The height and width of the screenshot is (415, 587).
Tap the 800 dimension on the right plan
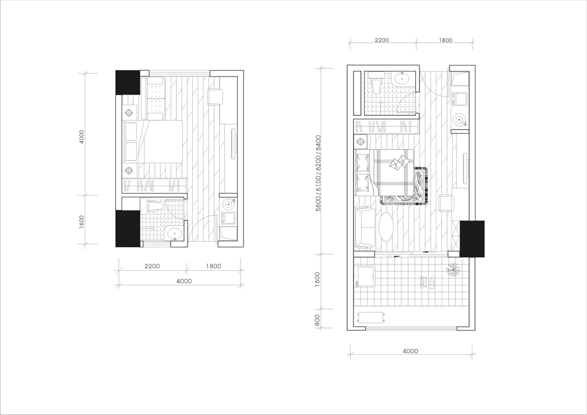click(318, 320)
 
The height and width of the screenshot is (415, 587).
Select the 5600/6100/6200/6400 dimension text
click(318, 173)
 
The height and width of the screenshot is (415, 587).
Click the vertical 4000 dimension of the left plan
click(81, 137)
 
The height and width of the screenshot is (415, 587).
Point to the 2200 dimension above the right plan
click(381, 40)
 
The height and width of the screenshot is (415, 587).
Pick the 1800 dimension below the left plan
click(213, 266)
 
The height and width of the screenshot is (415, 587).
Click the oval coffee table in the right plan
click(386, 227)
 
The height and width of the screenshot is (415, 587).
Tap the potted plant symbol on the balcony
click(454, 270)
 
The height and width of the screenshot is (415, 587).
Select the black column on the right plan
click(472, 239)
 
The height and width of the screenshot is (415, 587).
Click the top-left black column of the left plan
click(128, 82)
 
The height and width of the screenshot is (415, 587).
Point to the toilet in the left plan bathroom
click(152, 206)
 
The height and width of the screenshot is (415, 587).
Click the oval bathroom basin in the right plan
click(403, 78)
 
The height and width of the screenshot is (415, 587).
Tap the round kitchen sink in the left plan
click(228, 204)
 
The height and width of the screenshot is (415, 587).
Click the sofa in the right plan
click(364, 227)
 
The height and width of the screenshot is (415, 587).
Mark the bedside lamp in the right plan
click(360, 142)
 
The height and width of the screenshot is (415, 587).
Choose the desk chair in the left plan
click(215, 97)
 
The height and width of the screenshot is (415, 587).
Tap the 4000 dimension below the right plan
click(411, 352)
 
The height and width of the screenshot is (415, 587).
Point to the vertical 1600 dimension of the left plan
click(82, 222)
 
